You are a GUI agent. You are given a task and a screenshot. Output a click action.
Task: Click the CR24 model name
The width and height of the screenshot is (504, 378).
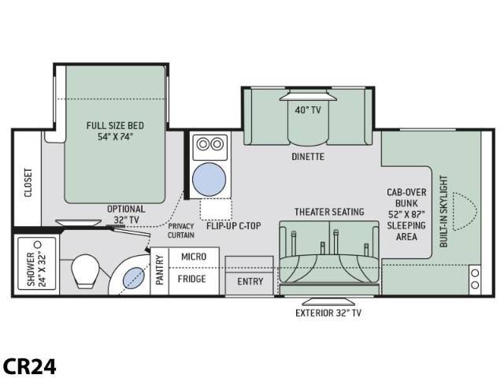coord(30,366)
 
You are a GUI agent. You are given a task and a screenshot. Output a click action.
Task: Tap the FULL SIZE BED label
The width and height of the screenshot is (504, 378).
coord(115,125)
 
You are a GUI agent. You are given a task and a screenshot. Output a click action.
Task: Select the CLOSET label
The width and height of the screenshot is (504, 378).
coord(28,182)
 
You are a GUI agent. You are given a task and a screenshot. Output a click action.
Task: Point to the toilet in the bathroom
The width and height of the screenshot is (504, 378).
coord(85,271)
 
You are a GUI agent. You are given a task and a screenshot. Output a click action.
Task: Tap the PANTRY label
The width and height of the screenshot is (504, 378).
coord(160,270)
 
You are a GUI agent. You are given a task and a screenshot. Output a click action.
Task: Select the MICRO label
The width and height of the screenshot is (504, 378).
coord(194,257)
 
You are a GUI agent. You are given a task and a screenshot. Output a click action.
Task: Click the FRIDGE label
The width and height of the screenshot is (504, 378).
coord(192,279)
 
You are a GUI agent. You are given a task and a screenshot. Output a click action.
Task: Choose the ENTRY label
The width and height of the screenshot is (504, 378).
coord(250,282)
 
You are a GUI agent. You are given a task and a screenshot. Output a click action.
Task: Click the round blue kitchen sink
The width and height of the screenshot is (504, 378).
coord(209,179)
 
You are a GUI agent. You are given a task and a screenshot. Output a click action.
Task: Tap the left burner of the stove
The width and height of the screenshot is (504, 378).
coord(203,143)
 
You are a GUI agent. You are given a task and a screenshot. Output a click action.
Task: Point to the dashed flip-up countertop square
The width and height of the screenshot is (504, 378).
coord(216,209)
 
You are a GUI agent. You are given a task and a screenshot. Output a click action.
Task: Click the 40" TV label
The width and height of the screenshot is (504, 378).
coord(308,110)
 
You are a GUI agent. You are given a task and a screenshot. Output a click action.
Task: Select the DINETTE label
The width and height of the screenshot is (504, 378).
coord(308,157)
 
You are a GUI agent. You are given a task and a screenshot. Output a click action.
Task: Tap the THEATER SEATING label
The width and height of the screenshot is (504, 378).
coord(329,212)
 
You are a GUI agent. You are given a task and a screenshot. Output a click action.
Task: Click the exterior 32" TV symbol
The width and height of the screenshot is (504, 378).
coord(328,302)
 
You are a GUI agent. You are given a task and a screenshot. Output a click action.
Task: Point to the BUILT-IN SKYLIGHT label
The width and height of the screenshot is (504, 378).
coord(443,211)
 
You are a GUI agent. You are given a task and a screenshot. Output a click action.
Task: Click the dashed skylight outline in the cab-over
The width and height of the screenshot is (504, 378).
coord(465,211)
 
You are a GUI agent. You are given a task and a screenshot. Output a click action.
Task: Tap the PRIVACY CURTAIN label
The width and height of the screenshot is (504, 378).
coord(181,231)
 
